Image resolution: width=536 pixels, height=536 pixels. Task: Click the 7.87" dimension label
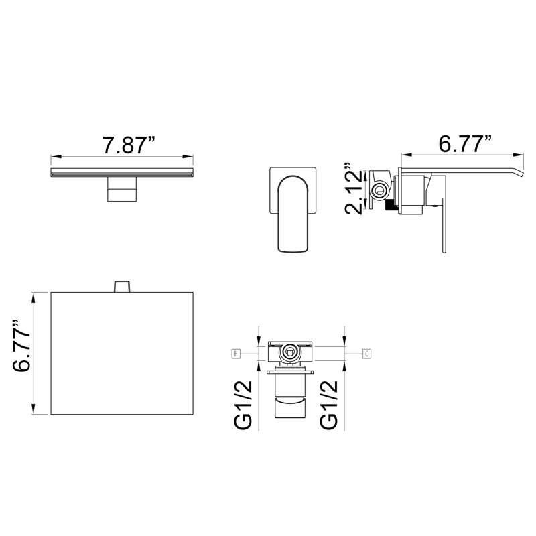pos(129,145)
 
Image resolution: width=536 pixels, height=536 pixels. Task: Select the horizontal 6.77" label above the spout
pos(466,143)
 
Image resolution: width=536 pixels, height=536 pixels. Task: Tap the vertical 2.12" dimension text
pos(353,189)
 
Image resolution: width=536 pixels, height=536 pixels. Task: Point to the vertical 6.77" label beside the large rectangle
pos(21,346)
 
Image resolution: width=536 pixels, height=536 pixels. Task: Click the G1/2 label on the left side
pos(243,405)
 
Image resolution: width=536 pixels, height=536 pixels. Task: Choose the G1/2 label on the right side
pos(329,405)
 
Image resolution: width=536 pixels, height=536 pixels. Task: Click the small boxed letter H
pos(236,354)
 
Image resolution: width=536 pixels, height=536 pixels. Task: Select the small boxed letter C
pos(366,354)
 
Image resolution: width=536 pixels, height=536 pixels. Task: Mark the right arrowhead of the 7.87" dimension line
pos(188,157)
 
